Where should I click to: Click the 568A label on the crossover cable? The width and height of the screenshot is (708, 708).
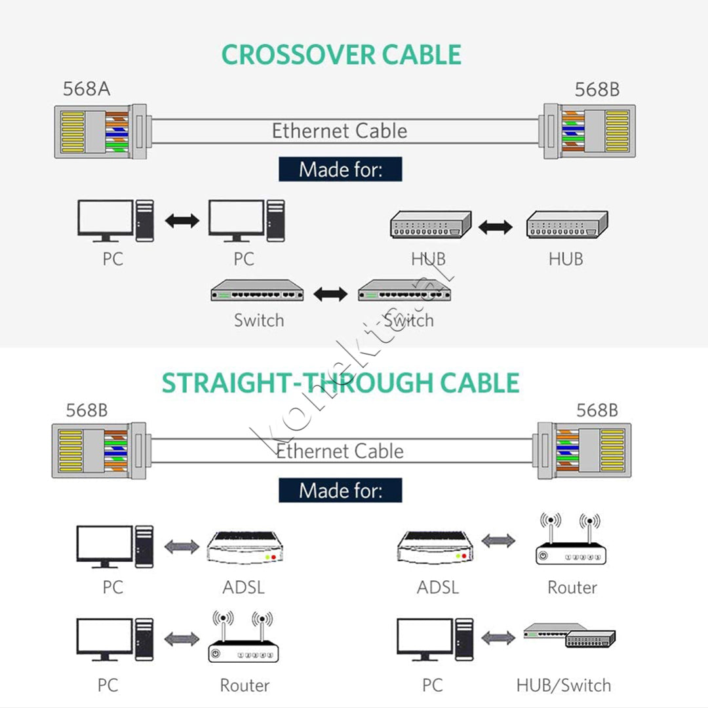[87, 89]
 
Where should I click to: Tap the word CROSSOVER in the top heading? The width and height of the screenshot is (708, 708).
[298, 54]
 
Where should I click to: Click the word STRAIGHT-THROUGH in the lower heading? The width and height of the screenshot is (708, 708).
[298, 383]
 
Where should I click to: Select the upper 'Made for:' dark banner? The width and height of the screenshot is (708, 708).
[340, 169]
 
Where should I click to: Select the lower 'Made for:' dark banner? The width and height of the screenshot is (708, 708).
[340, 490]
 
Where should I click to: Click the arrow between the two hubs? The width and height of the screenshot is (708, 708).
[496, 227]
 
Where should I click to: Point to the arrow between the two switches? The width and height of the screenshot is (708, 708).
[330, 294]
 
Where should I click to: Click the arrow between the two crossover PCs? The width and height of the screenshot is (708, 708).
[182, 221]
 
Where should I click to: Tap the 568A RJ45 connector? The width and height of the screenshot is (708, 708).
[100, 132]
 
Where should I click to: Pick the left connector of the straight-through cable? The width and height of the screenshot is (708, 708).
[99, 450]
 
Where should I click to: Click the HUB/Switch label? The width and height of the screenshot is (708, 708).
[564, 686]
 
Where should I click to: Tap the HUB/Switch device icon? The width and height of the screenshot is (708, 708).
[570, 636]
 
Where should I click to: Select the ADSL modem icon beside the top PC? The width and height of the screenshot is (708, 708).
[245, 547]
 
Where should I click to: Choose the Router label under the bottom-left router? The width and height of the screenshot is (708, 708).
[245, 686]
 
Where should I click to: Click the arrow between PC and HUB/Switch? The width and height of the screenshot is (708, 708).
[498, 638]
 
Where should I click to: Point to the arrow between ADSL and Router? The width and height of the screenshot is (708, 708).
[498, 540]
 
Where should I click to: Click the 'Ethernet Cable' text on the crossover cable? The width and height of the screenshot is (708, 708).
[340, 131]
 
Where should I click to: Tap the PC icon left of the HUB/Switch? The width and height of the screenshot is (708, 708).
[435, 639]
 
